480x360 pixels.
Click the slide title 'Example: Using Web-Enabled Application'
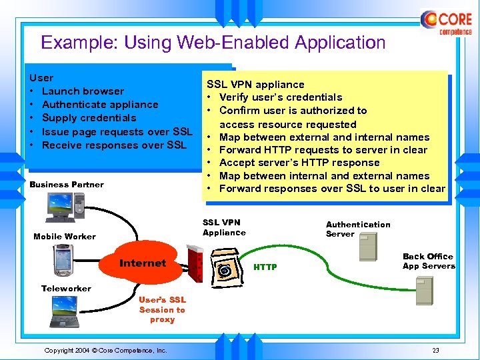click(213, 43)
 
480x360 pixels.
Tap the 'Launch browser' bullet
click(83, 91)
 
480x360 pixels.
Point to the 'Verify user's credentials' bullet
click(280, 97)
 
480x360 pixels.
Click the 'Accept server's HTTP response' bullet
click(299, 163)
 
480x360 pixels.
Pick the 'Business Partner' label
click(67, 185)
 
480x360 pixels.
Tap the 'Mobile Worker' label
click(65, 237)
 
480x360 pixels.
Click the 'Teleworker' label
click(66, 288)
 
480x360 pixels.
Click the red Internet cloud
click(143, 263)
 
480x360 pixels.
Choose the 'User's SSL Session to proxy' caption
click(162, 310)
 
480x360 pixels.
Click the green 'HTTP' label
click(265, 267)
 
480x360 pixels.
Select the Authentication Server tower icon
click(368, 248)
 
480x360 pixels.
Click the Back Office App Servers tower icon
click(424, 289)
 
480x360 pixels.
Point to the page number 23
click(435, 351)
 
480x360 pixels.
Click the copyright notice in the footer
click(105, 351)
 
